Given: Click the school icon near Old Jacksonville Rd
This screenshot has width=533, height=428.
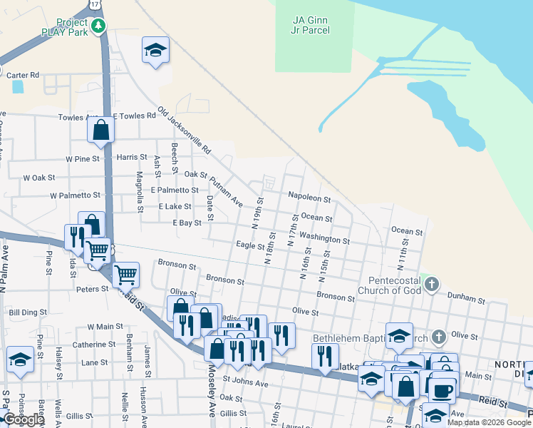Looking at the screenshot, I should pyautogui.click(x=155, y=51).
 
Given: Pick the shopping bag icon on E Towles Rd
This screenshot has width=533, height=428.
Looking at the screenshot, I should pyautogui.click(x=101, y=130).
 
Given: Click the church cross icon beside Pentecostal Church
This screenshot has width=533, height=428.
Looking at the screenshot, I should pyautogui.click(x=431, y=285).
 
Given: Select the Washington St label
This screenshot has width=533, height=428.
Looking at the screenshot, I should pyautogui.click(x=324, y=237).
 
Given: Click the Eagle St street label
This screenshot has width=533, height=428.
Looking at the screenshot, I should pyautogui.click(x=250, y=246).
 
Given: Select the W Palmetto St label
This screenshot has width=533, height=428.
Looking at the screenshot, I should pyautogui.click(x=75, y=195).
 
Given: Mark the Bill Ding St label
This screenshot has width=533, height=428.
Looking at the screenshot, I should pyautogui.click(x=27, y=312).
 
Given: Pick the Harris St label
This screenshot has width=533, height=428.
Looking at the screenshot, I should pyautogui.click(x=132, y=157).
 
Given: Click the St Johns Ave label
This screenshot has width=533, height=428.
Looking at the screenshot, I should pyautogui.click(x=244, y=384).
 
